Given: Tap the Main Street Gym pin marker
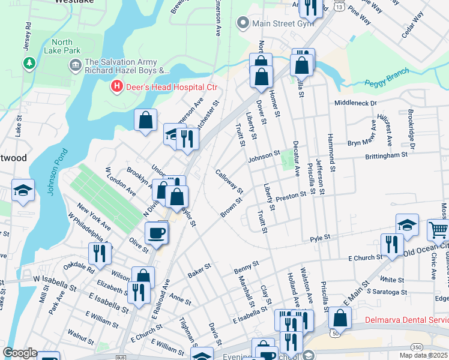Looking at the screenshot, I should [x=243, y=24].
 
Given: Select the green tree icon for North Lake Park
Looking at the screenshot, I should [x=28, y=62].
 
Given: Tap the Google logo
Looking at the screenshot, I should [x=20, y=353].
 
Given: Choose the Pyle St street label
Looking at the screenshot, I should [x=320, y=238].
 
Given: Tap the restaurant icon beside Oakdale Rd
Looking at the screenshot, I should [x=100, y=253].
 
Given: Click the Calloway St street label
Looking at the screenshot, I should [x=229, y=182].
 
